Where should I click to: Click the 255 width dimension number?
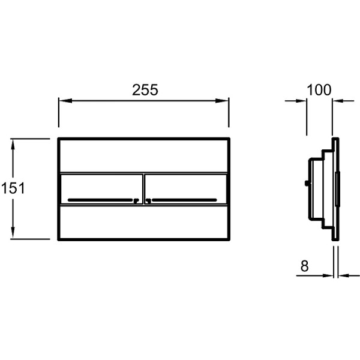click(x=145, y=90)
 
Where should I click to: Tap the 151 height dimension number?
click(x=13, y=188)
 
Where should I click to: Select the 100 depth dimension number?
click(x=319, y=90)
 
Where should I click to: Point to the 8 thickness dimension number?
click(x=304, y=266)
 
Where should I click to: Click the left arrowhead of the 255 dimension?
click(x=65, y=101)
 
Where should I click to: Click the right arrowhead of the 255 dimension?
click(x=222, y=101)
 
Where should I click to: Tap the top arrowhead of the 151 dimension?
click(x=13, y=145)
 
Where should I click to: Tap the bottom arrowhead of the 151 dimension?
click(x=13, y=233)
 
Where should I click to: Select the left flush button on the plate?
click(x=102, y=189)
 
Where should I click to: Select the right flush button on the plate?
click(x=185, y=189)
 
